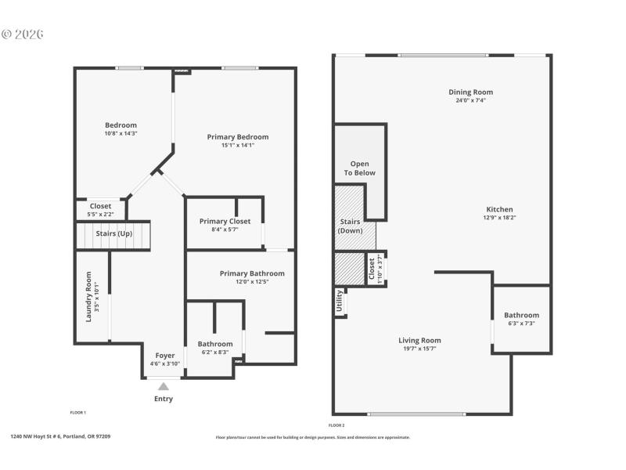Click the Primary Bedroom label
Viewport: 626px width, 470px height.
pos(238,137)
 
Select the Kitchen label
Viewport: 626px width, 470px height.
pos(500,209)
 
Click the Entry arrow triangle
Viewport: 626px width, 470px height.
pos(163,385)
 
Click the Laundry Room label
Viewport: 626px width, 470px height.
pos(88,296)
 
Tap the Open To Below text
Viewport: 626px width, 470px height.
pos(360,168)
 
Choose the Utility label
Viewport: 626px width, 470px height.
pos(340,302)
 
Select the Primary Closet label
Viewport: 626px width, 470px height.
pos(225,221)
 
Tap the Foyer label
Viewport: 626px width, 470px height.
pos(165,355)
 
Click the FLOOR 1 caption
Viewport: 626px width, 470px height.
pos(78,412)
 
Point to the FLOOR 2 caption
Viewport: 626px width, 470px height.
pos(336,425)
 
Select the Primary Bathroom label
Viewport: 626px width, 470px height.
pos(252,273)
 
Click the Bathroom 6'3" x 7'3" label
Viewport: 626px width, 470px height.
pos(521,315)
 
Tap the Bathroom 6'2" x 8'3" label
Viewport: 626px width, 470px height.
pos(214,344)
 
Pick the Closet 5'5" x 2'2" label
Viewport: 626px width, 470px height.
pos(100,206)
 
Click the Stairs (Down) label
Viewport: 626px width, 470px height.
pos(350,226)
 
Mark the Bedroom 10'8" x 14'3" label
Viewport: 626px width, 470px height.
pos(121,125)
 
